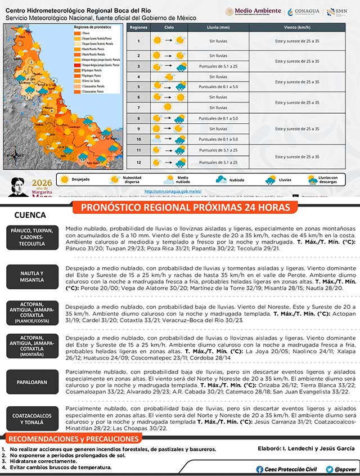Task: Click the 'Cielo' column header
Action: (x=168, y=27)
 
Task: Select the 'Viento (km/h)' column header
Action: (x=298, y=27)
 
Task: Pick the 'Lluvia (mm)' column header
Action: (x=218, y=27)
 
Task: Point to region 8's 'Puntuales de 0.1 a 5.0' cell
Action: (x=218, y=118)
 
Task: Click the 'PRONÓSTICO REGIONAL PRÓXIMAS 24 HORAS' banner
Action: (x=186, y=208)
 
